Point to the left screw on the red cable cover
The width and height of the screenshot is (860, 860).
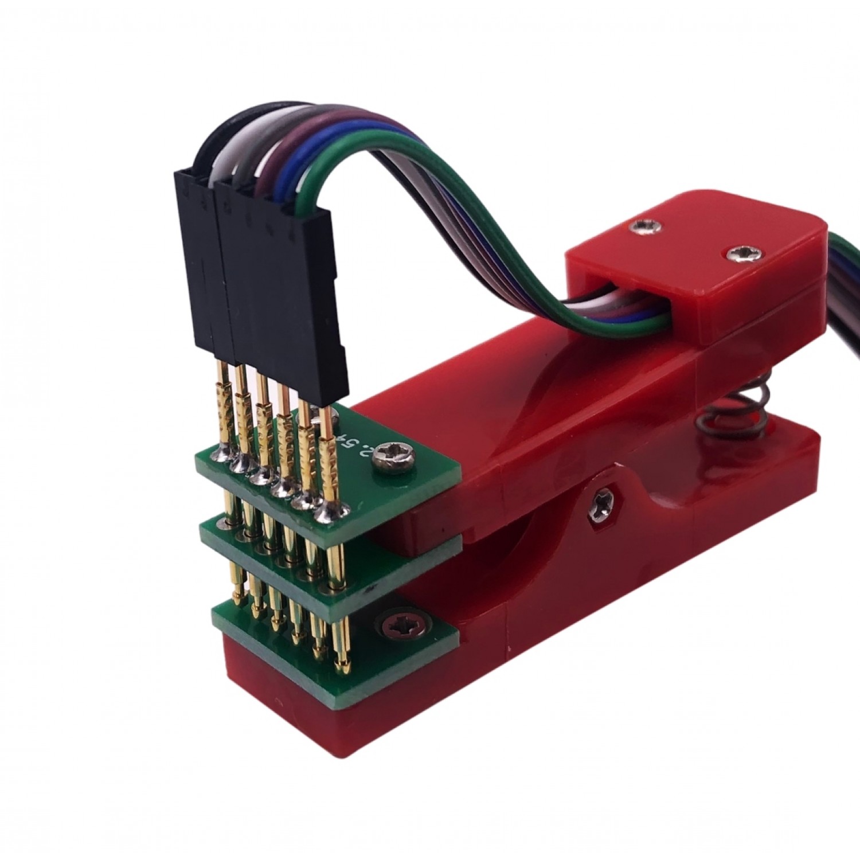click(640, 228)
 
